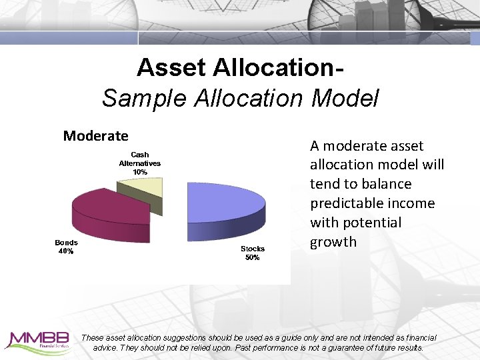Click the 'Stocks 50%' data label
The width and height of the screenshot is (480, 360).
click(x=252, y=253)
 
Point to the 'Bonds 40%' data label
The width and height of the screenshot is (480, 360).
click(x=66, y=247)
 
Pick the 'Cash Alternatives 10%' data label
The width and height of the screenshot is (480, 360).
click(x=139, y=163)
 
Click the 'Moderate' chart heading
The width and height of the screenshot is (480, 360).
click(x=95, y=136)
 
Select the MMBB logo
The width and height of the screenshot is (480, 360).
click(x=37, y=341)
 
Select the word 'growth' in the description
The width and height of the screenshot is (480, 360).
click(x=333, y=242)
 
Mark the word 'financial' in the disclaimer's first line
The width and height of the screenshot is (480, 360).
click(x=417, y=338)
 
